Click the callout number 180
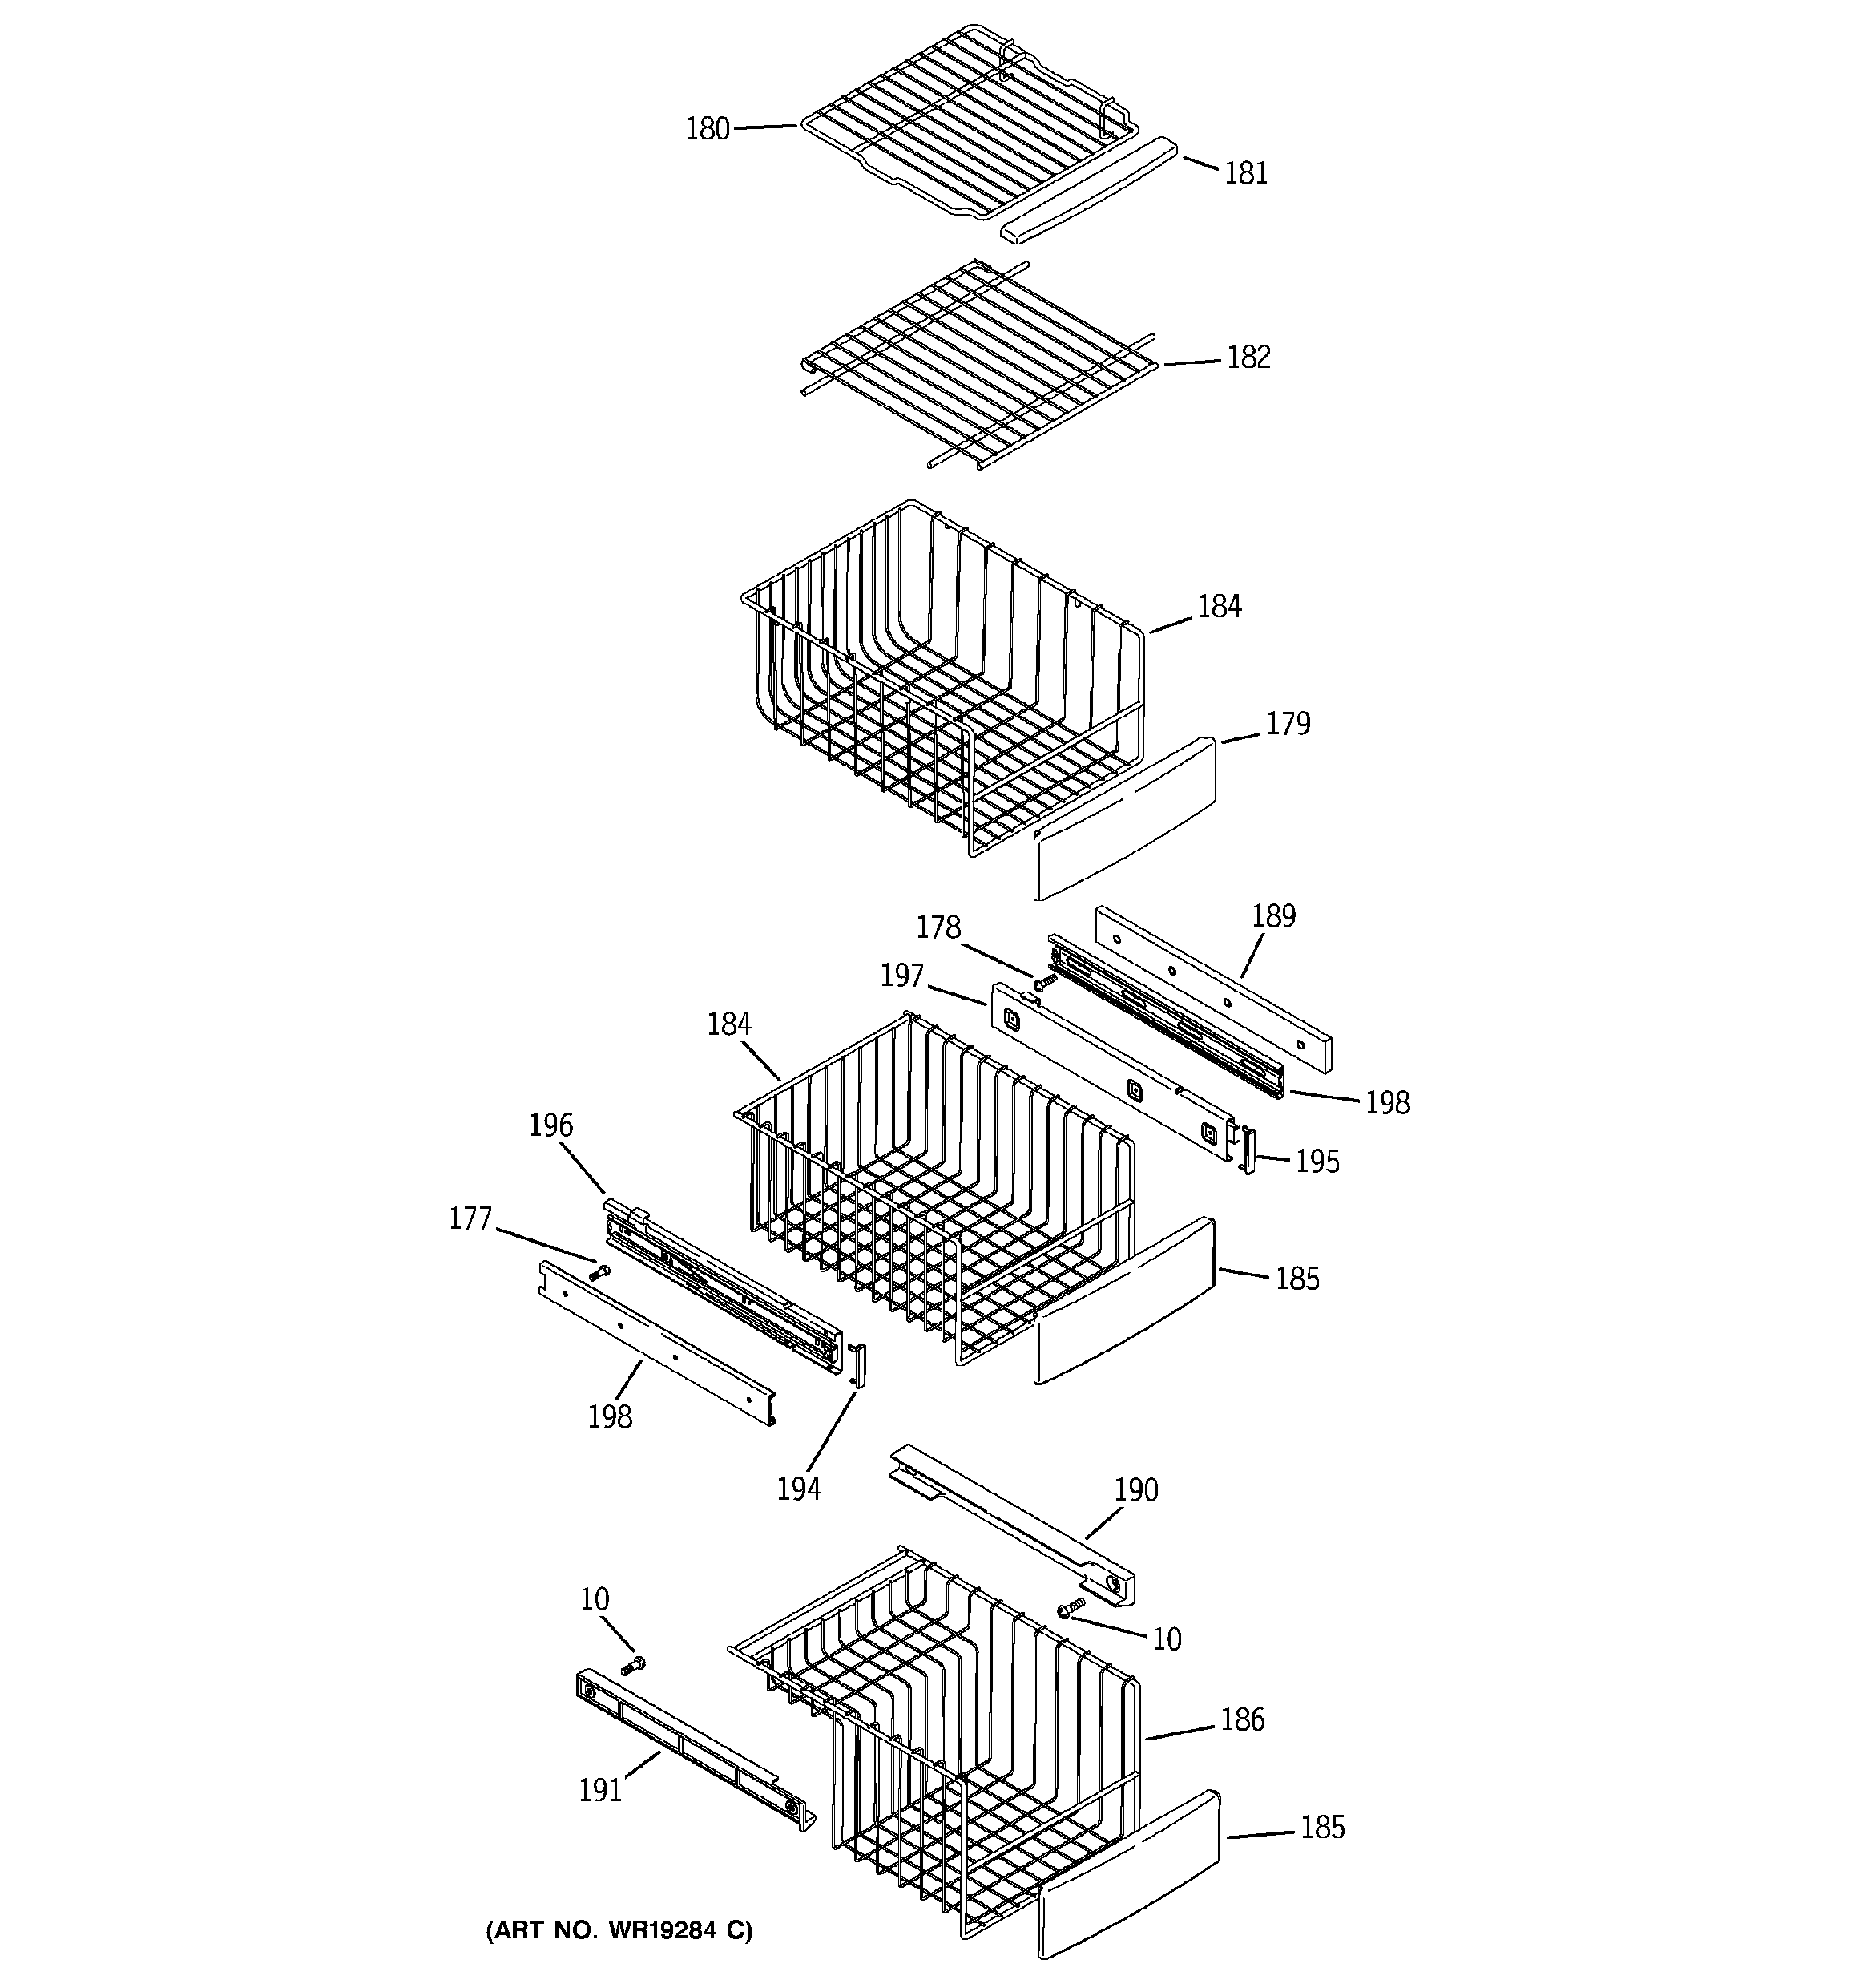[707, 130]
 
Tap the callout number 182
[1248, 358]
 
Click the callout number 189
[1273, 916]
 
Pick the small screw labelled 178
[1044, 983]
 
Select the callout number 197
[901, 976]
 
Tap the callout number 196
[550, 1125]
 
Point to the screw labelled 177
[599, 1271]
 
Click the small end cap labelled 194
[858, 1364]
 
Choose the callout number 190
[1135, 1490]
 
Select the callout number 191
[599, 1790]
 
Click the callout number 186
[1241, 1719]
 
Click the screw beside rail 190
[1071, 1606]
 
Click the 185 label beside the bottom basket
[1322, 1828]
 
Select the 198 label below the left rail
[609, 1416]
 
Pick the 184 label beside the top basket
[1220, 606]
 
